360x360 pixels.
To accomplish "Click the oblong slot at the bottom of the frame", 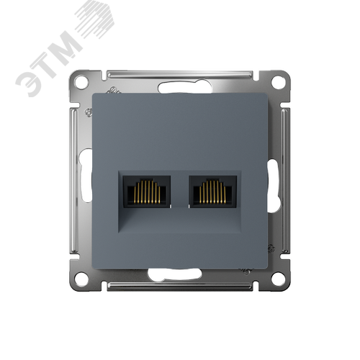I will (x=180, y=274).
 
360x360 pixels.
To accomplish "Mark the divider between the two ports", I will (x=180, y=194).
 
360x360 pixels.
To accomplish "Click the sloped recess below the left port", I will (x=144, y=220).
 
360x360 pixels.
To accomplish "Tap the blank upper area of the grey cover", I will (x=180, y=130).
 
